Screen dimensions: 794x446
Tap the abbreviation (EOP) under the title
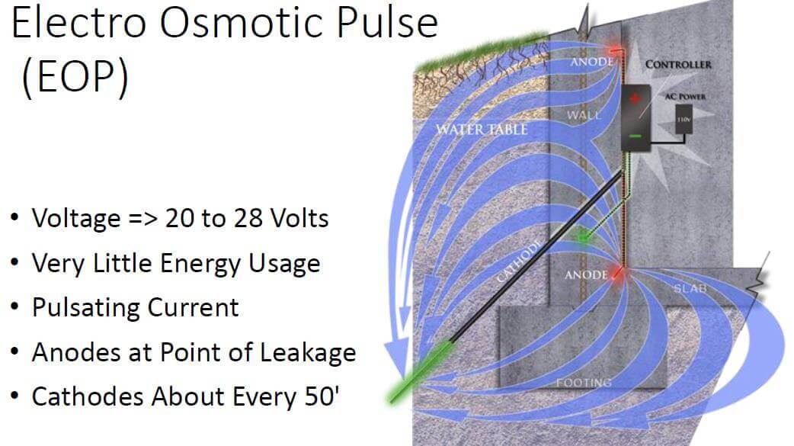click(75, 76)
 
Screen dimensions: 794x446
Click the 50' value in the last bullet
click(322, 396)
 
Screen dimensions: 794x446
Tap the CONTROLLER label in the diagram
click(678, 64)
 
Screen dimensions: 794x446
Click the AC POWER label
click(684, 96)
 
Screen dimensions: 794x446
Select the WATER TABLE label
click(482, 130)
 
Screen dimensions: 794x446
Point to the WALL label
click(584, 115)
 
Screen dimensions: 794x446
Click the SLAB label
click(690, 288)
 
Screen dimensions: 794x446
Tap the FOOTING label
click(584, 383)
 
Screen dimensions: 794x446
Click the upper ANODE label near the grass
click(592, 62)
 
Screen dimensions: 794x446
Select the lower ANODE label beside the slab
click(586, 274)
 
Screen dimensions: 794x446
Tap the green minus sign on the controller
click(636, 136)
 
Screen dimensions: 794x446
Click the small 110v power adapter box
click(684, 120)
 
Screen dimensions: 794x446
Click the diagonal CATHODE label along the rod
click(518, 261)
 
